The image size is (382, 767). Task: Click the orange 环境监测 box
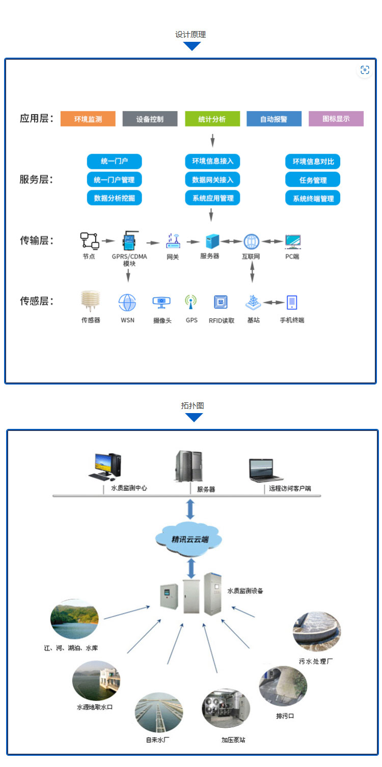[x=88, y=119]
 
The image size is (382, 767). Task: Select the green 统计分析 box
[x=212, y=119]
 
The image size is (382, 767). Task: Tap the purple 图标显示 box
[x=336, y=119]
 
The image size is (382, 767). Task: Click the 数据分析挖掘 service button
[x=115, y=198]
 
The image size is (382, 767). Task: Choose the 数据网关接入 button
[x=212, y=180]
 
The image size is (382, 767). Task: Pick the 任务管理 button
[x=313, y=180]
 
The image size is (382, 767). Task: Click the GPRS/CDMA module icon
[x=129, y=241]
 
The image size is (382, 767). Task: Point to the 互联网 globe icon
[x=252, y=241]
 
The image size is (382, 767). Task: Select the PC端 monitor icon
[x=292, y=241]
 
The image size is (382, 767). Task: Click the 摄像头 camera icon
[x=161, y=302]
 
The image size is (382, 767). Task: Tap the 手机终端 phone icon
[x=292, y=302]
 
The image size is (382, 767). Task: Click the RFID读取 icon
[x=221, y=302]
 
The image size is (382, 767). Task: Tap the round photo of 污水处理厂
[x=317, y=632]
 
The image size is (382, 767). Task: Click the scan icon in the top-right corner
[x=365, y=70]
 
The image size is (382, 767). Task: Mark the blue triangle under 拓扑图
[x=194, y=417]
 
